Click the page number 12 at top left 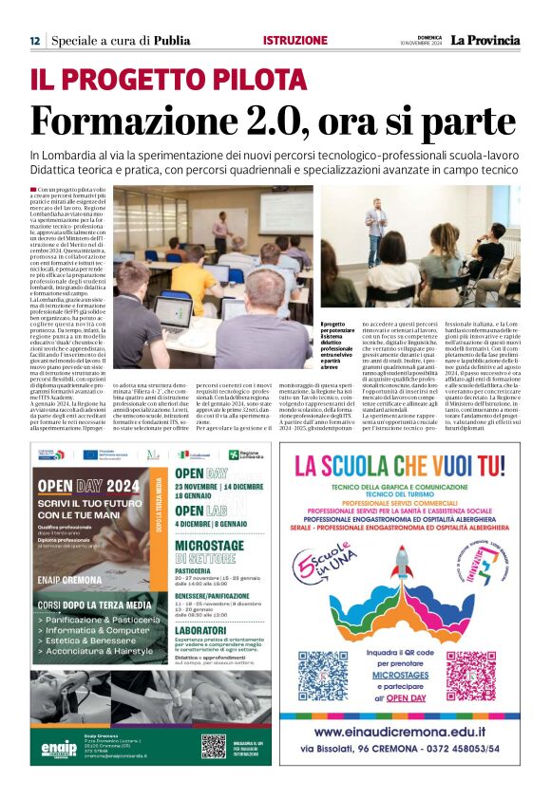tap(34, 40)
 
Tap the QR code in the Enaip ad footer tap(213, 746)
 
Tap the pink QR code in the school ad tap(472, 676)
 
